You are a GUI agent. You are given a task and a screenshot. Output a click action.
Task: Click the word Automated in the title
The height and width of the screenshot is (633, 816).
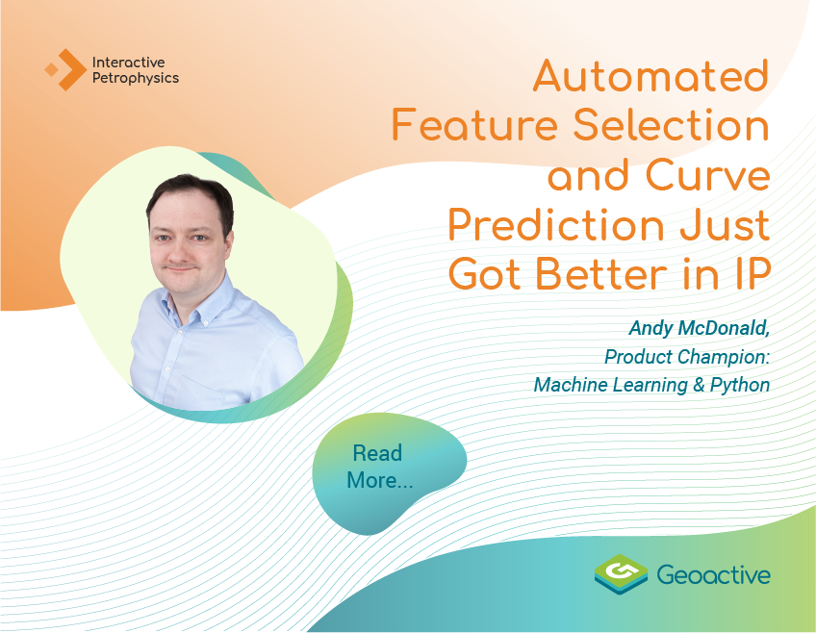[651, 76]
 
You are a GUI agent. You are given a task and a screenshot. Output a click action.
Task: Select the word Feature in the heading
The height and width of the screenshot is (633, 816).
[475, 125]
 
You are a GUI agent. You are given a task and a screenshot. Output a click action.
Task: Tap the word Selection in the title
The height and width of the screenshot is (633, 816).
[672, 125]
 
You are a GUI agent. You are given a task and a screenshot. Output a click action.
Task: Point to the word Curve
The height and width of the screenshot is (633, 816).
[708, 175]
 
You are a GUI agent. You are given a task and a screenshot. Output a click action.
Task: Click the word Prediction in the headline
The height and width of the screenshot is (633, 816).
[556, 225]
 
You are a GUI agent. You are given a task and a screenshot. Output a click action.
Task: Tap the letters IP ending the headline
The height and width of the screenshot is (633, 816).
[752, 274]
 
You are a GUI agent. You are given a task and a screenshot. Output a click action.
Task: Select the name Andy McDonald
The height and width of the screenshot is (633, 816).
[699, 329]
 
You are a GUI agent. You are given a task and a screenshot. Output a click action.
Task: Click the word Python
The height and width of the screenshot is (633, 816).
[739, 386]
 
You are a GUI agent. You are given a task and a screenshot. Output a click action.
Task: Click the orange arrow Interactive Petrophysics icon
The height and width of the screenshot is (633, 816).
[66, 69]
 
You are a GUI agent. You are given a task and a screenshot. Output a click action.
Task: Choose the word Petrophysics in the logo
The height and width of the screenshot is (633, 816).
[136, 79]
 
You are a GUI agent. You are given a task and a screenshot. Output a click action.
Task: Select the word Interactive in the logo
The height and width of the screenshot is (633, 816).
[129, 63]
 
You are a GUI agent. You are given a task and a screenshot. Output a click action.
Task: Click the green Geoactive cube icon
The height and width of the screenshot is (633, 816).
[621, 574]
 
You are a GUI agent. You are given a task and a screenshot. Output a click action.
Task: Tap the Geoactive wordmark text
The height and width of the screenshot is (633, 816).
[713, 574]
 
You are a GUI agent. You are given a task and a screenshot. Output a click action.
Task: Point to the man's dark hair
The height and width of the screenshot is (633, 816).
[190, 200]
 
